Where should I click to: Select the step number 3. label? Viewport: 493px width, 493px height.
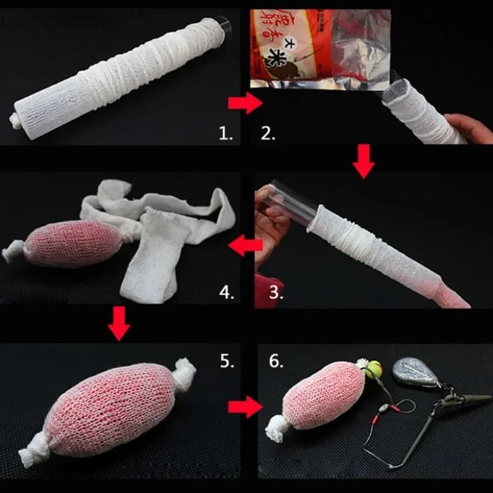tap(275, 291)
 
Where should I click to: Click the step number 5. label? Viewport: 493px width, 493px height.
tap(226, 361)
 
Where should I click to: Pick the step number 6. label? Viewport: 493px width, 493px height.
tap(275, 361)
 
